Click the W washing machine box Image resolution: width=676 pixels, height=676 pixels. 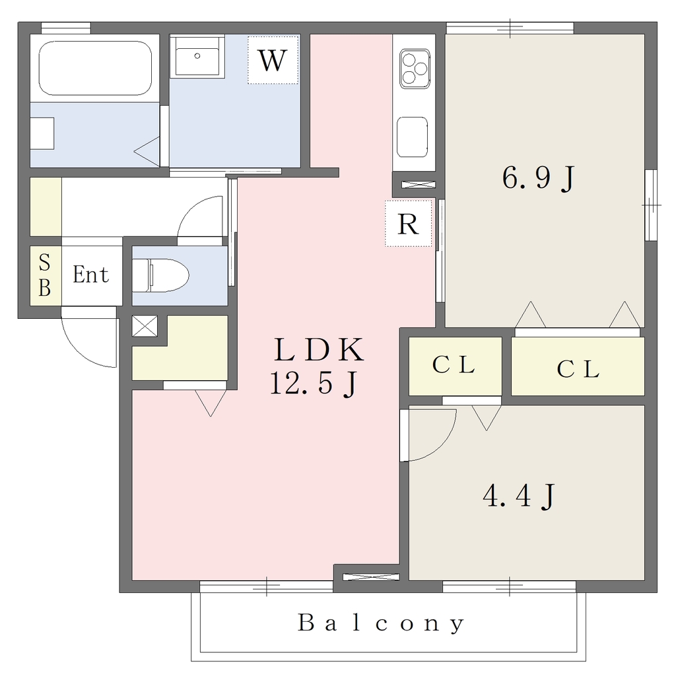273,60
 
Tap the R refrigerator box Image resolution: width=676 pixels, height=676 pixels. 408,223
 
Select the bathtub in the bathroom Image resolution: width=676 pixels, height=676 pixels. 95,68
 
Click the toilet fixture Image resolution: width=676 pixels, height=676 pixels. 160,275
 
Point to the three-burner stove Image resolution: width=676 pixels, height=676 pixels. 415,69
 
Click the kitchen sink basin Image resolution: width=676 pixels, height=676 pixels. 413,137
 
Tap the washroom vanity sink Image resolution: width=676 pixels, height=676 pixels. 197,57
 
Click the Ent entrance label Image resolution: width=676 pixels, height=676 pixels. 90,275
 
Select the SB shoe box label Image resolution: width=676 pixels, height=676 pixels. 44,275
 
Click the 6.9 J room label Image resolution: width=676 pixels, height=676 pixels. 538,178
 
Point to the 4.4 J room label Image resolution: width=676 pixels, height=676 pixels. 519,496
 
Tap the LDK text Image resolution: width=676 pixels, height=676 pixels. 319,350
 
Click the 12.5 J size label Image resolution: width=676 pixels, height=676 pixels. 314,384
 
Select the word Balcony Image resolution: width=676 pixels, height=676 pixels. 381,623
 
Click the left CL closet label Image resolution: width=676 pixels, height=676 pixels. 454,364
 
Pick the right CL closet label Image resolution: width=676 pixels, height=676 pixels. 578,369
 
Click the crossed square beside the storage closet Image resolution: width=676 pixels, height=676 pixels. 145,326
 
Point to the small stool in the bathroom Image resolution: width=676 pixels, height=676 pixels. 42,133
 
